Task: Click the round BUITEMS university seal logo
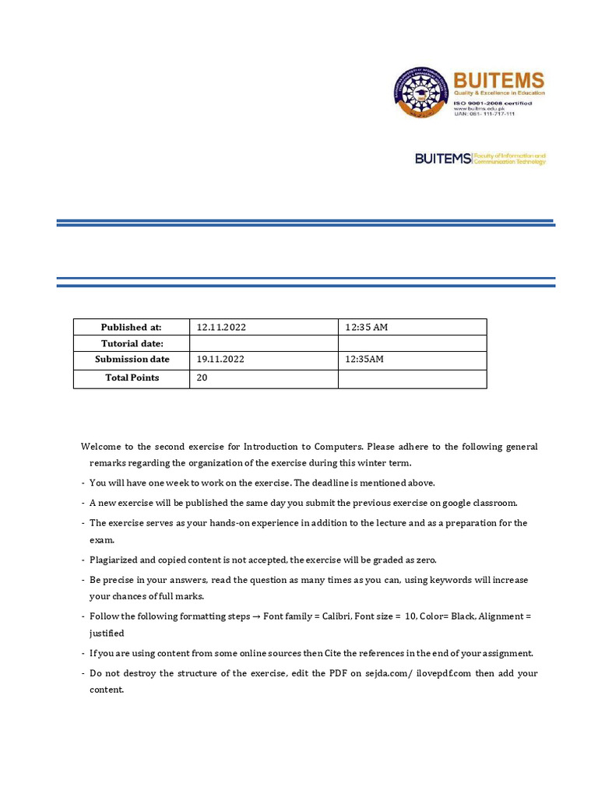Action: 421,92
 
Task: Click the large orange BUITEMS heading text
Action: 498,80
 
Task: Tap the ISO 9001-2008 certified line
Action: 493,101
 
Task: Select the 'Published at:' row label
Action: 131,328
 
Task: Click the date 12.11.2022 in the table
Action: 221,328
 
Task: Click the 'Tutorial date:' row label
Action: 132,344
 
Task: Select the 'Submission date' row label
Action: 132,360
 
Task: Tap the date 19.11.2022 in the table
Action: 221,360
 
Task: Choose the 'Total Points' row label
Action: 132,378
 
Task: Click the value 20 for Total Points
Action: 202,378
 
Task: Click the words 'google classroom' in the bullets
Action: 467,504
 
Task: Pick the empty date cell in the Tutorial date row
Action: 263,344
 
